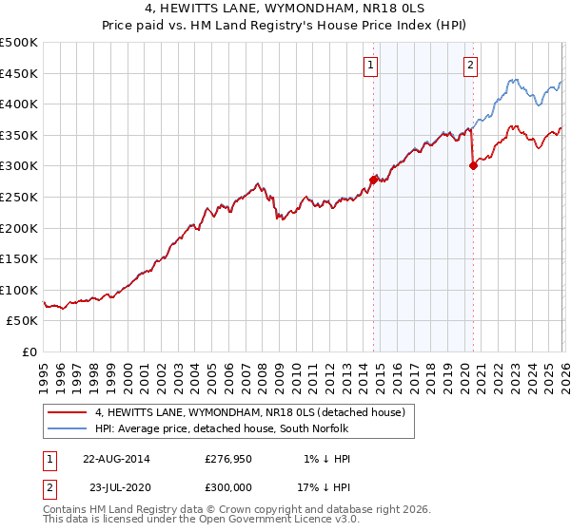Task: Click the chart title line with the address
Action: click(x=285, y=9)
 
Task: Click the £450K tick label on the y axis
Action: click(x=19, y=73)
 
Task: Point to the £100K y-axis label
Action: click(x=19, y=290)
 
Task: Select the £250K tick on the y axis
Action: click(x=19, y=197)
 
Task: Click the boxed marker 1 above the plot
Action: click(x=370, y=66)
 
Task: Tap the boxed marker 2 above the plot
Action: click(x=470, y=66)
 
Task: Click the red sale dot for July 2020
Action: click(x=473, y=165)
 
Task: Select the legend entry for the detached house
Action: click(x=250, y=412)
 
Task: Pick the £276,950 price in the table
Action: click(x=227, y=459)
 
